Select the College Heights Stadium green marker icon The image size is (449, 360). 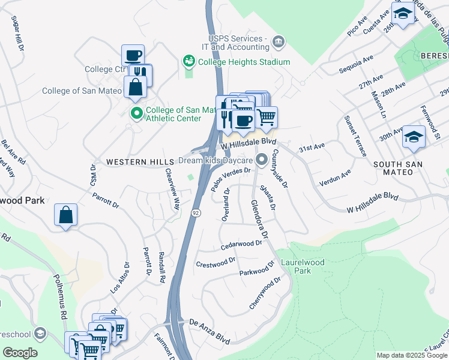coord(189,61)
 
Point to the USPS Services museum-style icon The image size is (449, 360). coord(279,41)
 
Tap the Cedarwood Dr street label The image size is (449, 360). coord(242,244)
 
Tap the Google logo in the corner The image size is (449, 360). coord(20,352)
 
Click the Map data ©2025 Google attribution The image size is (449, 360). coord(412,355)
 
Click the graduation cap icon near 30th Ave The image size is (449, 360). coord(414,137)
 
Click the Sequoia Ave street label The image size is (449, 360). coord(357,62)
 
